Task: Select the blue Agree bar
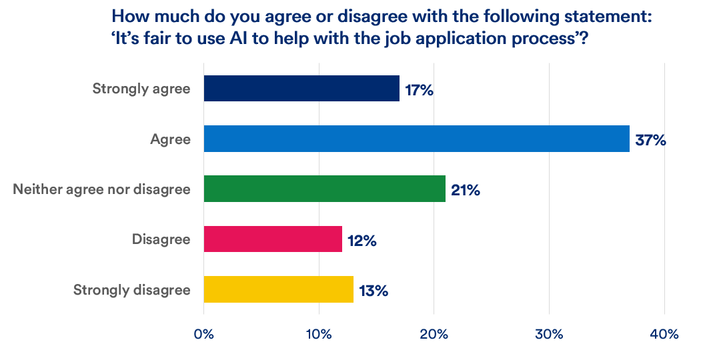[x=416, y=139]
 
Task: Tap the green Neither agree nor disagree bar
[x=324, y=189]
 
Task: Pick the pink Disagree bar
[x=273, y=239]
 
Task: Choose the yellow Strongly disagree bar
[x=278, y=289]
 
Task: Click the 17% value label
[x=419, y=89]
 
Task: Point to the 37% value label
[x=650, y=140]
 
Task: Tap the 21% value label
[x=465, y=190]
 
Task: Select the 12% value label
[x=362, y=240]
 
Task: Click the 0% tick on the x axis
[x=203, y=334]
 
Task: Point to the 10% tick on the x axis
[x=319, y=334]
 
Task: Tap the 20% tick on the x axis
[x=434, y=334]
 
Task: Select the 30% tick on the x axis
[x=549, y=334]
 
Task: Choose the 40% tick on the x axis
[x=664, y=334]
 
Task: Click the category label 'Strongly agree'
[x=141, y=89]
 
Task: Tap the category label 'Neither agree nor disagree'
[x=102, y=189]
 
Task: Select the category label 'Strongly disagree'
[x=132, y=290]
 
